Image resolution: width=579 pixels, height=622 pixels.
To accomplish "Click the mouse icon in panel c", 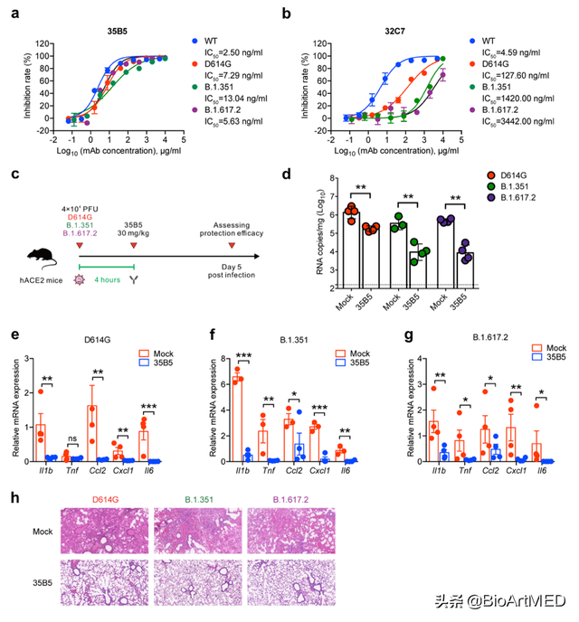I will (37, 233).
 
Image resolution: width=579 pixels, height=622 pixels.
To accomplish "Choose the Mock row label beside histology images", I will (34, 532).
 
